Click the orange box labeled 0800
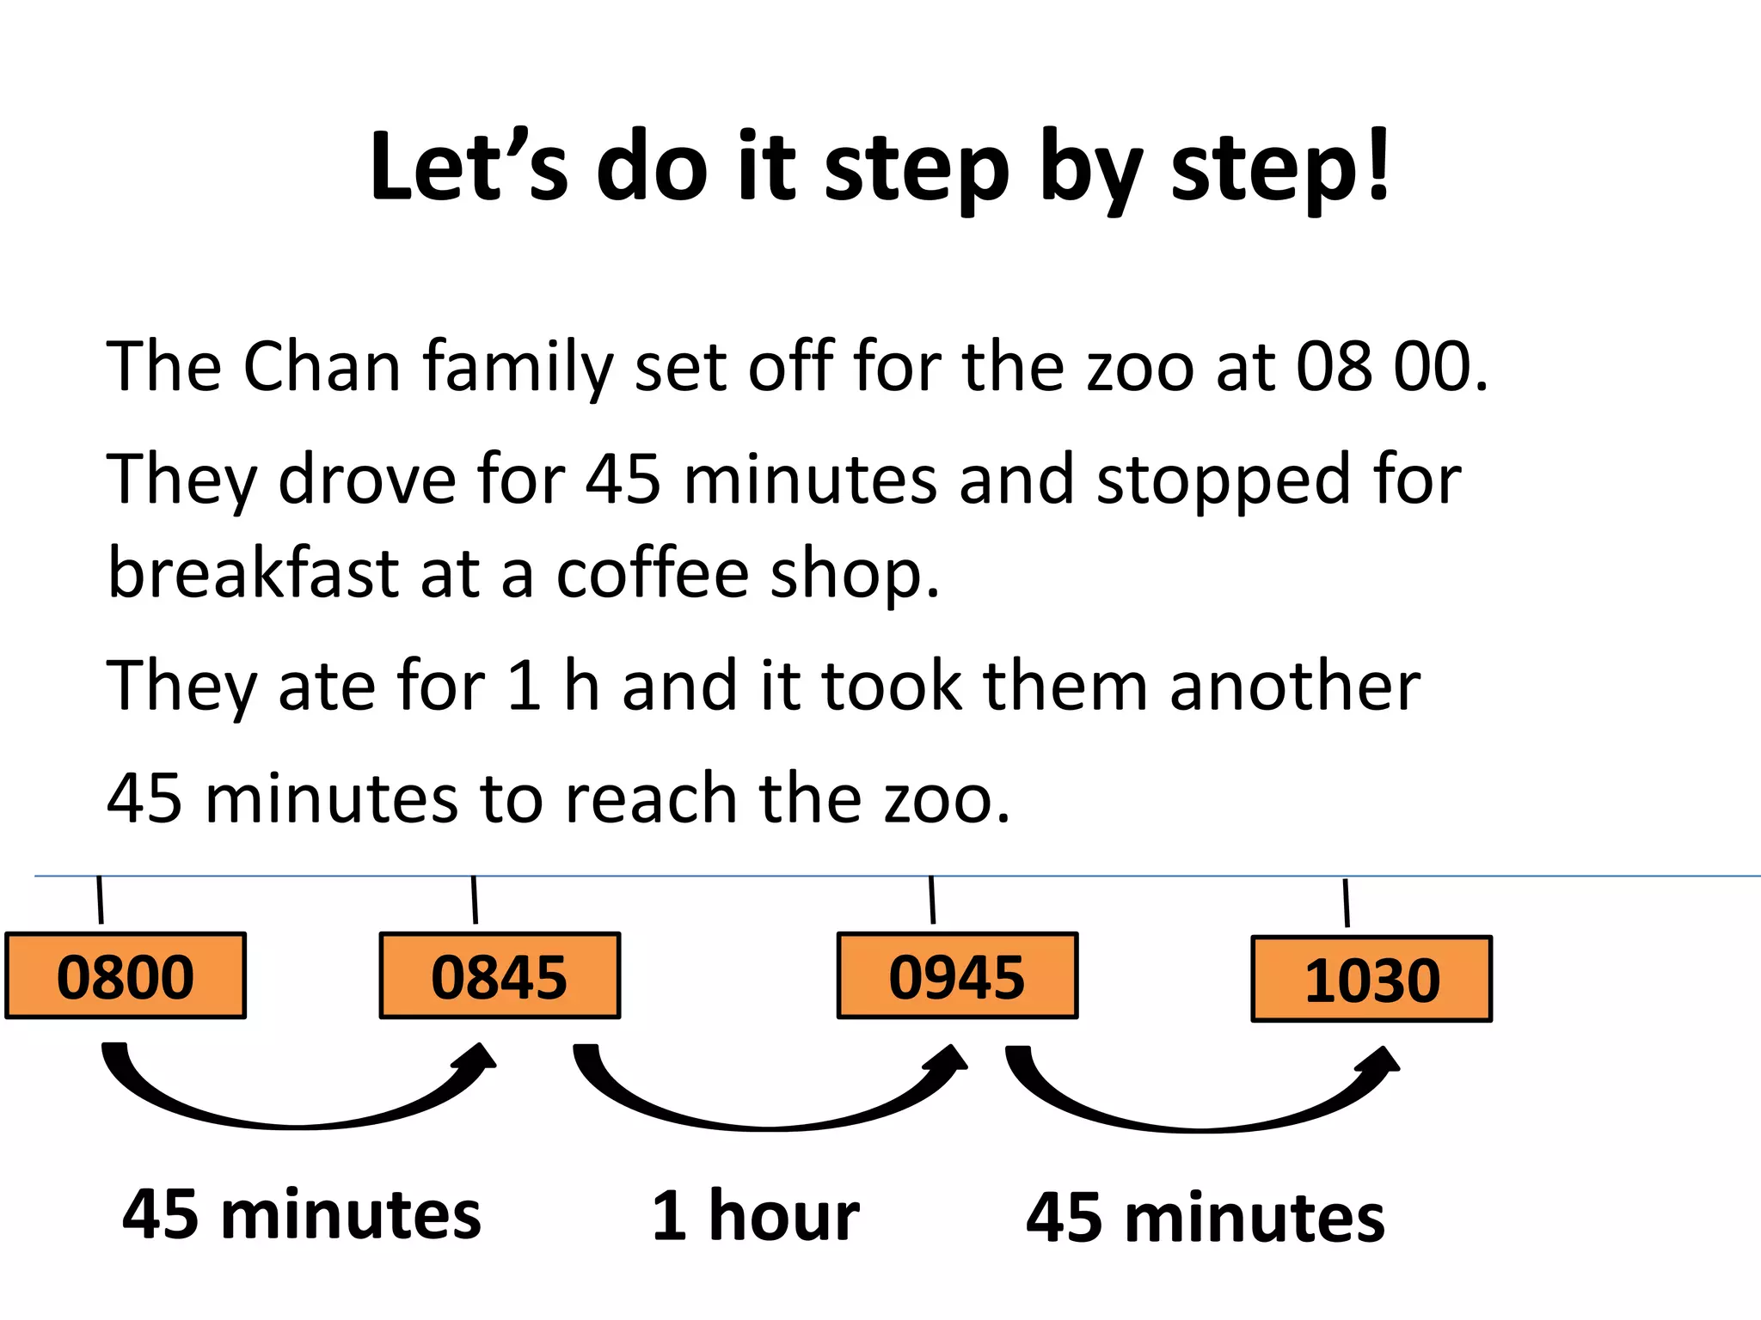pyautogui.click(x=126, y=976)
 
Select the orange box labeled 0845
pyautogui.click(x=500, y=976)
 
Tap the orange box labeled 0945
pyautogui.click(x=957, y=976)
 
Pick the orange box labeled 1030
pyautogui.click(x=1371, y=980)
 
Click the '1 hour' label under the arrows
pyautogui.click(x=755, y=1216)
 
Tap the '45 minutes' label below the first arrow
pyautogui.click(x=301, y=1214)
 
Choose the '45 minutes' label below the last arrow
pyautogui.click(x=1206, y=1218)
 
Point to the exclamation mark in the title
pyautogui.click(x=1378, y=163)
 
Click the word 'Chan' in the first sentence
pyautogui.click(x=322, y=367)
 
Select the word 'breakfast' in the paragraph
pyautogui.click(x=253, y=573)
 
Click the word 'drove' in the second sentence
pyautogui.click(x=367, y=479)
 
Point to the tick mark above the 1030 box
pyautogui.click(x=1346, y=902)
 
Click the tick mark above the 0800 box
pyautogui.click(x=100, y=900)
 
